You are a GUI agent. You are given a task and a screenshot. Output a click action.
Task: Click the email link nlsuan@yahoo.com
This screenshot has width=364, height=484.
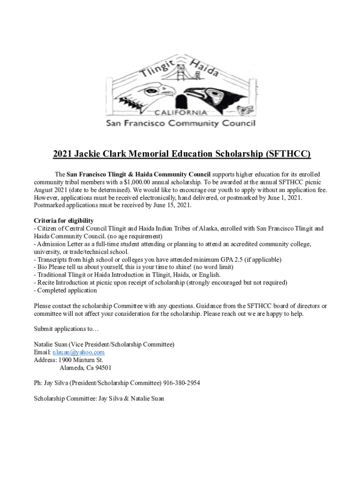78,352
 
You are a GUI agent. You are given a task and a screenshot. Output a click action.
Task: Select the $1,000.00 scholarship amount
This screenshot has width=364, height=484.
139,182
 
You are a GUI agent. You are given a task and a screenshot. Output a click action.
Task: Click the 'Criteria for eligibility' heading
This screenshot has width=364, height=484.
63,221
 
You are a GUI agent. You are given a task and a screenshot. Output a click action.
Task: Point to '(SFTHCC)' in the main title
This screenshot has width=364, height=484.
288,154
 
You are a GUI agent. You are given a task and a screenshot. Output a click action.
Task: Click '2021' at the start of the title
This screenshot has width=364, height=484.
62,154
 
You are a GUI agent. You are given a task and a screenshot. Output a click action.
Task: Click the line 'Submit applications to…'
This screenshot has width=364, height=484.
66,328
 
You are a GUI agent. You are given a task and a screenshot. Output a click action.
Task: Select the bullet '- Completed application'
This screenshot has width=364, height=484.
65,290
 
